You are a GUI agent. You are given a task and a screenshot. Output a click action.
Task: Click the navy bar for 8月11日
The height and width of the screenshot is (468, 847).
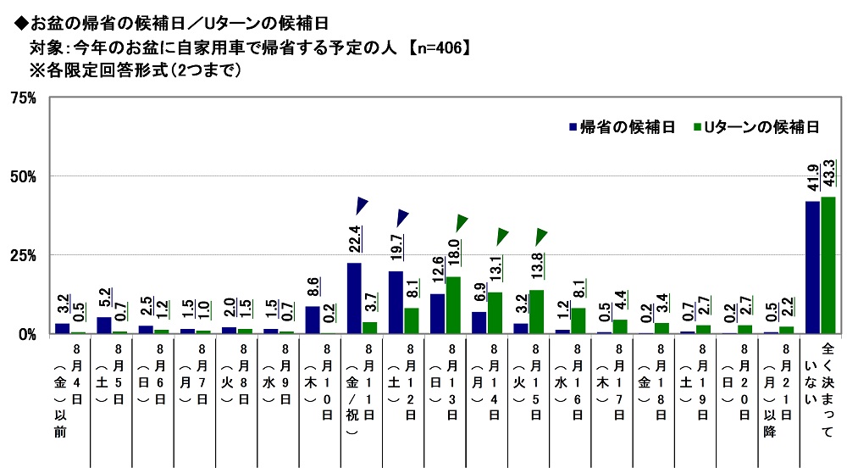coord(354,298)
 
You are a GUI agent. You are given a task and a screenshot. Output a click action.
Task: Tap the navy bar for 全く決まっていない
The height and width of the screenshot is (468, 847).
coord(812,267)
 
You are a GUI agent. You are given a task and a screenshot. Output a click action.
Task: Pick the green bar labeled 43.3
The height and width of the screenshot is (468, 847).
coord(828,265)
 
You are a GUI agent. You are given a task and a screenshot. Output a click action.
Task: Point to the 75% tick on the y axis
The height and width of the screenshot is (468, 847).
coord(23,98)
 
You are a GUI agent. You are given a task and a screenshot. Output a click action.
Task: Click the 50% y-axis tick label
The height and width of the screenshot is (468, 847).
coord(23,176)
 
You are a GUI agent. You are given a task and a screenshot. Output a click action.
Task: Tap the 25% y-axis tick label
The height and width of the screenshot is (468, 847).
coord(23,255)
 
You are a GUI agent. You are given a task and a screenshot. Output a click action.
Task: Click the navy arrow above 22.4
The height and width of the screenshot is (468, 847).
coord(362,205)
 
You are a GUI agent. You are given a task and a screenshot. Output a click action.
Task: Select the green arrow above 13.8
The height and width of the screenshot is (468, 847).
coord(540,236)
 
